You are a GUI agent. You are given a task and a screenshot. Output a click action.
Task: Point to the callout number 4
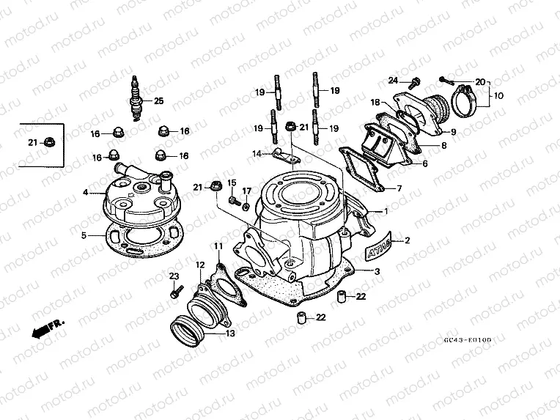(x=85, y=193)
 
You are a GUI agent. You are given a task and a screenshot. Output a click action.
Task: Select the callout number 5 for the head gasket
(x=84, y=236)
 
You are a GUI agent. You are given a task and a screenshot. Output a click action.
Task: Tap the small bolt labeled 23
(x=174, y=292)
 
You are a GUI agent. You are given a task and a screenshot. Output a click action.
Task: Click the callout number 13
(x=231, y=334)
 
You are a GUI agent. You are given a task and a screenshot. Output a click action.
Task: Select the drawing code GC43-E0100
(x=468, y=340)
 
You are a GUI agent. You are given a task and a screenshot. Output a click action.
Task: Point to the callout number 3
(x=377, y=272)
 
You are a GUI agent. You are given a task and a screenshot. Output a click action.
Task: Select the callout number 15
(x=232, y=182)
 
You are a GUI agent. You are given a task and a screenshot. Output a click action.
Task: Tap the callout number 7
(x=399, y=188)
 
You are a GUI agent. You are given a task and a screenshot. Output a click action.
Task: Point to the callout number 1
(x=386, y=211)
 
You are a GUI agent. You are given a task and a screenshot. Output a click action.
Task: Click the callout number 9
(x=452, y=132)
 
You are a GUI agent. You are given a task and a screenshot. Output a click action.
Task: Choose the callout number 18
(x=375, y=103)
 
